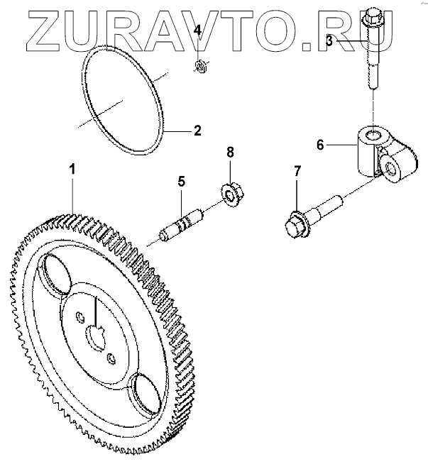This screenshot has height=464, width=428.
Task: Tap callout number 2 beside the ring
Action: [x=197, y=131]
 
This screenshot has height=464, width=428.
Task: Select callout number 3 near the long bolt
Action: [x=329, y=41]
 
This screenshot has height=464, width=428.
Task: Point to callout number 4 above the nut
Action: [x=198, y=31]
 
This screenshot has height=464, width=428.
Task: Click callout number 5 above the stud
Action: [x=181, y=182]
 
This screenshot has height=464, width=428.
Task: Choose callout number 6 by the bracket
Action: [x=320, y=145]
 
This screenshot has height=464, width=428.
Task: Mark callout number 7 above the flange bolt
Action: [x=297, y=171]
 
